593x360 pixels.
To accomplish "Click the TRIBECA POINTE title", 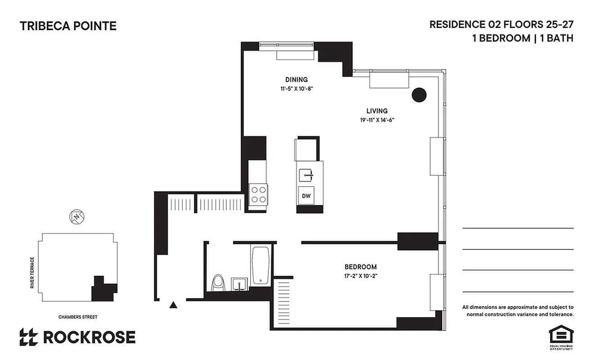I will tap(68, 26).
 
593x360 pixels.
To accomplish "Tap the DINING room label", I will tap(296, 80).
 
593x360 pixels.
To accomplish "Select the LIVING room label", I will tap(377, 111).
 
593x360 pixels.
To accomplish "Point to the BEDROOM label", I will tap(360, 267).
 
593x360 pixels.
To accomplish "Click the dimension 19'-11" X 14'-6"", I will tap(377, 120).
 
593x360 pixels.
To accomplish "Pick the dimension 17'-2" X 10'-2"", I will tap(360, 276).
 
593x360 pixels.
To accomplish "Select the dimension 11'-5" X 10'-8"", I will tap(296, 89).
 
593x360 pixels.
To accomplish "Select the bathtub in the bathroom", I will tap(260, 265).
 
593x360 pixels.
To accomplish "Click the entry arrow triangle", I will tap(173, 305).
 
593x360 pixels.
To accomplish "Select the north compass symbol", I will tap(77, 216).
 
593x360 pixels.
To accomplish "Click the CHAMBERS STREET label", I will tap(78, 317).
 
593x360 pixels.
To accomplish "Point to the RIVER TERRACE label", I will tap(32, 273).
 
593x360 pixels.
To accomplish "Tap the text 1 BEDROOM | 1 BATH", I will tap(522, 38).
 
